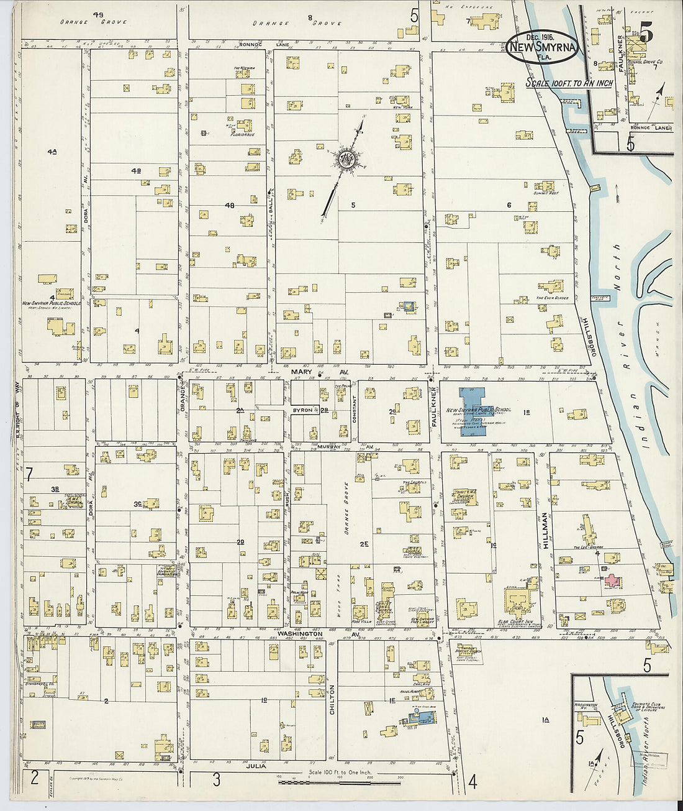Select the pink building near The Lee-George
612,581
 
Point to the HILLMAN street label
545,529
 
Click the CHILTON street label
332,699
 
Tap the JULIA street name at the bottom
256,766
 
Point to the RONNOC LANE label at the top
255,45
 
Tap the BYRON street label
302,410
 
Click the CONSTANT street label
355,411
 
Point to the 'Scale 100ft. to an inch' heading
569,83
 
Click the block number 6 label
509,205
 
